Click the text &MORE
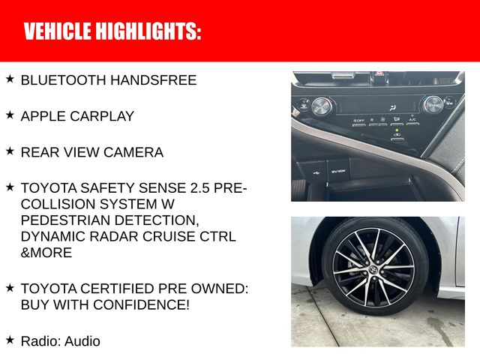pyautogui.click(x=46, y=253)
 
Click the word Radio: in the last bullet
pyautogui.click(x=40, y=341)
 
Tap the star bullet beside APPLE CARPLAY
pyautogui.click(x=10, y=115)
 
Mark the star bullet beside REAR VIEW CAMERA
pyautogui.click(x=10, y=151)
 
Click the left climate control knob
pyautogui.click(x=322, y=106)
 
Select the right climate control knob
pyautogui.click(x=433, y=105)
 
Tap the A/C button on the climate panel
pyautogui.click(x=412, y=119)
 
